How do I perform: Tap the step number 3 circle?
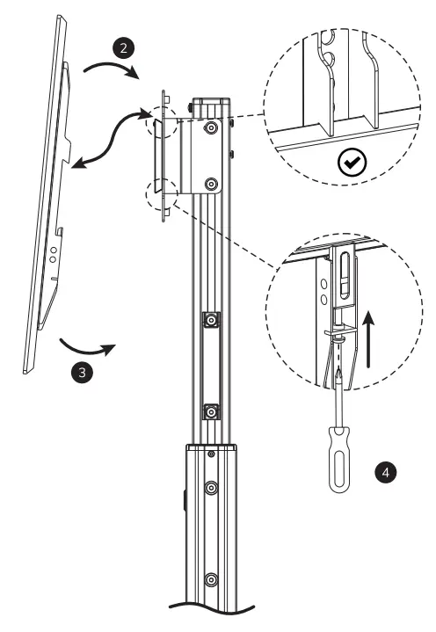[x=81, y=372]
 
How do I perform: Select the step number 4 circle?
[x=384, y=472]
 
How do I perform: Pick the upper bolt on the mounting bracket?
[x=210, y=127]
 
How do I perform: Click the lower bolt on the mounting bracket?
[x=210, y=185]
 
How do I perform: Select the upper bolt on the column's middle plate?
[x=211, y=320]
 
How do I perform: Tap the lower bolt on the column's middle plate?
[x=211, y=411]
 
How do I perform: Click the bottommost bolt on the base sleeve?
[x=211, y=580]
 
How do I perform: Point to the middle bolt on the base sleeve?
[x=211, y=486]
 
